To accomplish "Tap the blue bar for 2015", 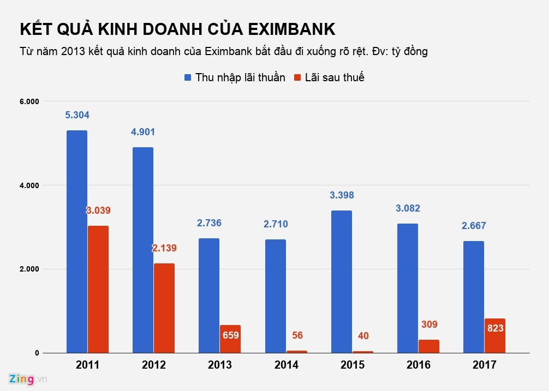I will [x=341, y=281].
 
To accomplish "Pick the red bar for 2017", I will [x=495, y=335].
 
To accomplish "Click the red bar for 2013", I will [x=230, y=339].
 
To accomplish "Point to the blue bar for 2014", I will [x=275, y=296].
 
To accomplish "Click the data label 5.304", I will [x=77, y=115].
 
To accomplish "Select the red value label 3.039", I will [x=98, y=210].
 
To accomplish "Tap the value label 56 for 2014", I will [x=297, y=335].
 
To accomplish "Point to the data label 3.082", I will [x=408, y=208].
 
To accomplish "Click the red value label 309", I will [x=429, y=324].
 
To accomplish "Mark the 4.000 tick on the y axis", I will [x=29, y=185].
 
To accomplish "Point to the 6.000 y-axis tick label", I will [x=29, y=102].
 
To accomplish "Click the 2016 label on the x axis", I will [x=418, y=365].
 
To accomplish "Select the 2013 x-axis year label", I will [x=220, y=365].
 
